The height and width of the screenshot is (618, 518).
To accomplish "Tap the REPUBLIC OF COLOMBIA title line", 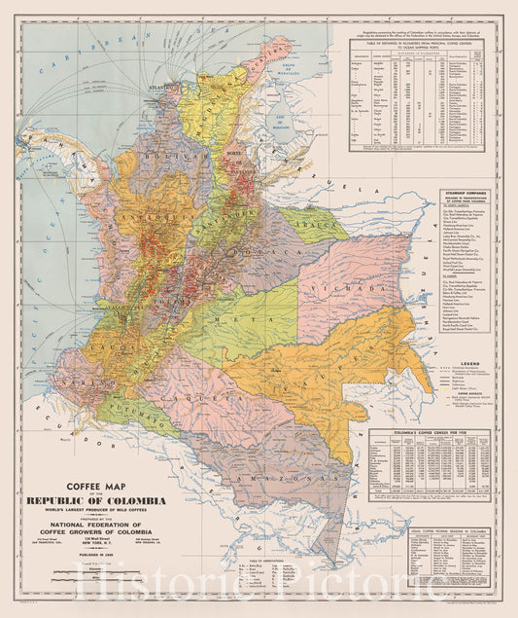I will pos(113,500).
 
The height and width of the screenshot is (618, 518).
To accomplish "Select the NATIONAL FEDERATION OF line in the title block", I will pos(113,521).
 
